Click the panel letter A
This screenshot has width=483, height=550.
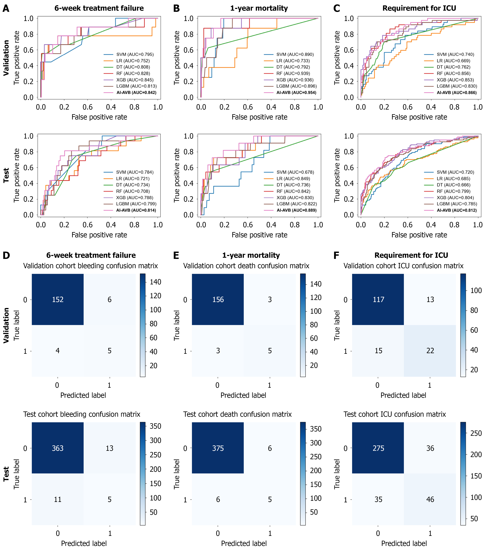tap(6, 9)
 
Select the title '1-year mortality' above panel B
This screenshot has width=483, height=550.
tap(259, 8)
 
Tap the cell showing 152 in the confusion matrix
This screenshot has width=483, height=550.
tap(58, 300)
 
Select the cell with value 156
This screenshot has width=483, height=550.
tap(218, 300)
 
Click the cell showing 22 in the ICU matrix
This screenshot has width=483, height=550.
tap(430, 351)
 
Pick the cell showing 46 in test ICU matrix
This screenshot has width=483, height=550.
tap(430, 499)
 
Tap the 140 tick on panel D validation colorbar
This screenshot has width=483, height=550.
tap(155, 282)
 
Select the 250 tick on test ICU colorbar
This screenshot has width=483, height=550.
tap(476, 433)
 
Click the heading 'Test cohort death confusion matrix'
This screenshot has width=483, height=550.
tap(237, 414)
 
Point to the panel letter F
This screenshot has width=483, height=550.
tap(336, 255)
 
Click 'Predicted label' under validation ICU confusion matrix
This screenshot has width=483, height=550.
tap(403, 395)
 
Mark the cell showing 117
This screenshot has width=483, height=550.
tap(378, 300)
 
